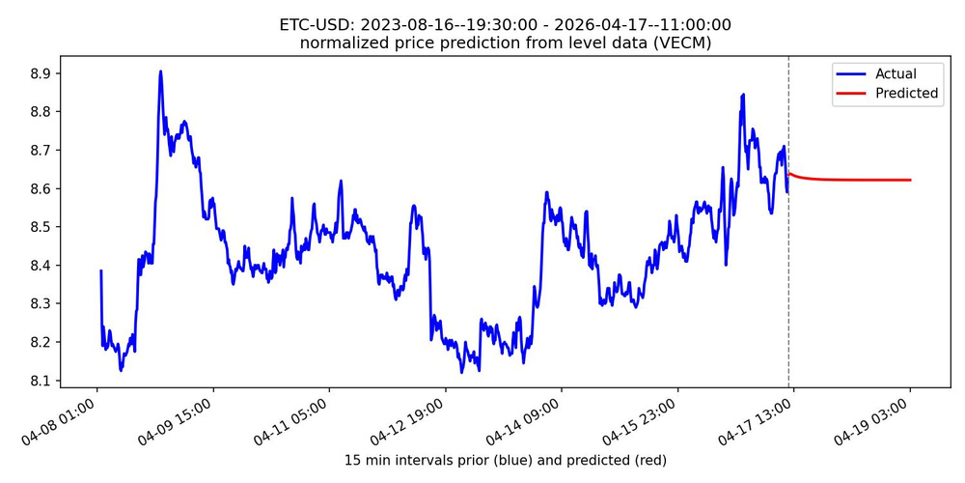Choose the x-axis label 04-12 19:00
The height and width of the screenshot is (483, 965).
tap(413, 417)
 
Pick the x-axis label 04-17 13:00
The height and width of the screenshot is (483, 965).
tap(761, 417)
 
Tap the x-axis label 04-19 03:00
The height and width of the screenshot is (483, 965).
tap(878, 417)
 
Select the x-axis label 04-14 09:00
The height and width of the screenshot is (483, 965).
tap(530, 417)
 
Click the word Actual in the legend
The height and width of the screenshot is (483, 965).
tap(896, 74)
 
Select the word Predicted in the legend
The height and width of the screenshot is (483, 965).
tap(906, 94)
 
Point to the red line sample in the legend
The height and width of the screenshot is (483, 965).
tap(851, 94)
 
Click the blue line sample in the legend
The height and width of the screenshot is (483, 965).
tap(851, 74)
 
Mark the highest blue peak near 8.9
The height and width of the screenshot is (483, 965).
tap(160, 71)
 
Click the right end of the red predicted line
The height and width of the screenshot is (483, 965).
tap(910, 180)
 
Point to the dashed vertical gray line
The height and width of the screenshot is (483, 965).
tap(788, 290)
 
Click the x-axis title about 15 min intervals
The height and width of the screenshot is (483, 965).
tap(505, 460)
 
